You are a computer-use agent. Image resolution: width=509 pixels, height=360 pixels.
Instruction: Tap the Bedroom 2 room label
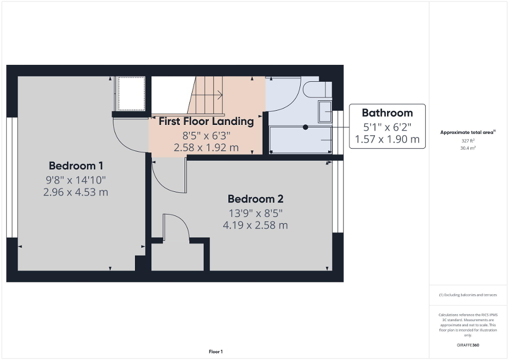255,199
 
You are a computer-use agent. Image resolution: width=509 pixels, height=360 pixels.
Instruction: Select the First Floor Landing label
206,121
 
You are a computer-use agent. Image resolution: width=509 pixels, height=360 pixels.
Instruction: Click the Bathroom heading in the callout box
387,113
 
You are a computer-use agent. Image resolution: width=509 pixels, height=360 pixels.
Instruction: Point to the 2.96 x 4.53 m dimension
75,192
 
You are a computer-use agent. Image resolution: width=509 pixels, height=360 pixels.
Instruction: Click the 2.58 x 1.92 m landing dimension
206,148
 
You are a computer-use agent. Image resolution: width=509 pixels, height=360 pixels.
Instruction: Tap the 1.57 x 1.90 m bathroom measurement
387,139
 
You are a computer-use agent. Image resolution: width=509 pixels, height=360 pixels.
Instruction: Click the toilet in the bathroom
316,89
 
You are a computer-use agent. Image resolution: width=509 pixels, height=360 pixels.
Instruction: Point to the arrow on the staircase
219,95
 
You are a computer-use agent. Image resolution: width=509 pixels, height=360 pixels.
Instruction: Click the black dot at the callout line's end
305,127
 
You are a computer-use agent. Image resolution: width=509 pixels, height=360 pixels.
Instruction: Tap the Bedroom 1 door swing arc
129,136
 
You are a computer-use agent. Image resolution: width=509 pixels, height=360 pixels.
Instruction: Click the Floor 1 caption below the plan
216,352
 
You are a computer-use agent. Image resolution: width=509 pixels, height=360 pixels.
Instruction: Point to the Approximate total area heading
467,133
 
